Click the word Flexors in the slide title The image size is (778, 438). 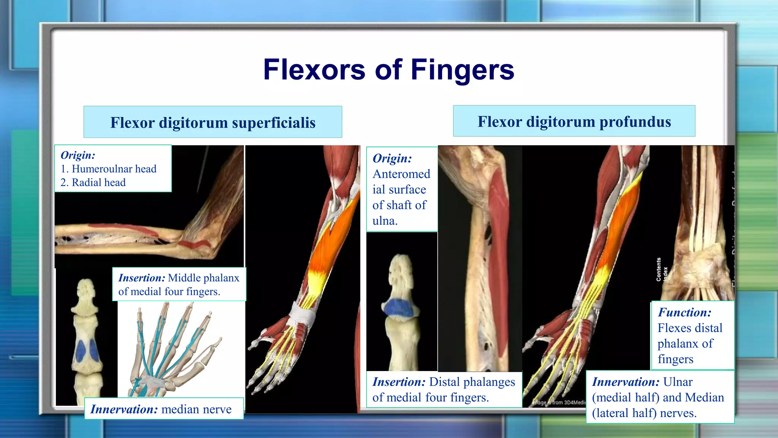[314, 70]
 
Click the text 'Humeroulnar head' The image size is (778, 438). [114, 169]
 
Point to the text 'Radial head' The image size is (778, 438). [99, 182]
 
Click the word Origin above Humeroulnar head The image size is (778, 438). [78, 155]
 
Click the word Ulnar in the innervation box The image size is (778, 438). [678, 382]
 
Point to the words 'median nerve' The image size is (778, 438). [196, 409]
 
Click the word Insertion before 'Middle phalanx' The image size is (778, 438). [142, 278]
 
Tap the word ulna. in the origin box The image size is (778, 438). [385, 221]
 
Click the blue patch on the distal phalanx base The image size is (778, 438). [399, 307]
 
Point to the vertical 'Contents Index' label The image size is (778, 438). [661, 269]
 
